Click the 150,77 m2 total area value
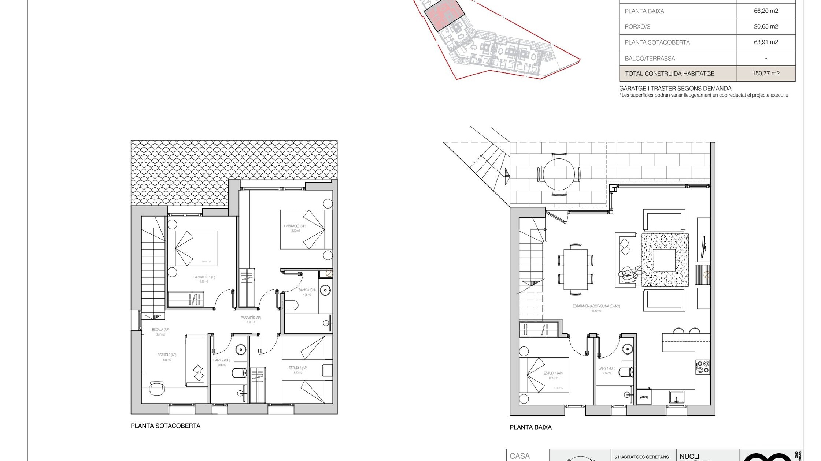click(x=766, y=73)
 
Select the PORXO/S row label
click(x=637, y=27)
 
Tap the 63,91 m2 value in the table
click(x=766, y=42)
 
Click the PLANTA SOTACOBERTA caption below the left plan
click(x=166, y=426)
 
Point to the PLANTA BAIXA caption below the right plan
click(x=530, y=427)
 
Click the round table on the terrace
click(x=559, y=174)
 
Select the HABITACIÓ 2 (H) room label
click(x=295, y=226)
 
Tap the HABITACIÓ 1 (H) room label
click(x=204, y=277)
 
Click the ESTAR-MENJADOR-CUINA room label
click(x=596, y=306)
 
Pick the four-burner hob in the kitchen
click(x=703, y=367)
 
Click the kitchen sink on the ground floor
click(x=676, y=397)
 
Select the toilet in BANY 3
click(x=292, y=305)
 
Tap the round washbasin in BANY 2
click(x=241, y=349)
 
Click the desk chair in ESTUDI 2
click(x=157, y=388)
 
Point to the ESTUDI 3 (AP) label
click(x=297, y=368)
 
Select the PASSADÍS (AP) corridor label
click(x=251, y=318)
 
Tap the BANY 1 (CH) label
click(x=607, y=368)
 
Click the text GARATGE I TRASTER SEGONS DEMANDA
click(x=675, y=89)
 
